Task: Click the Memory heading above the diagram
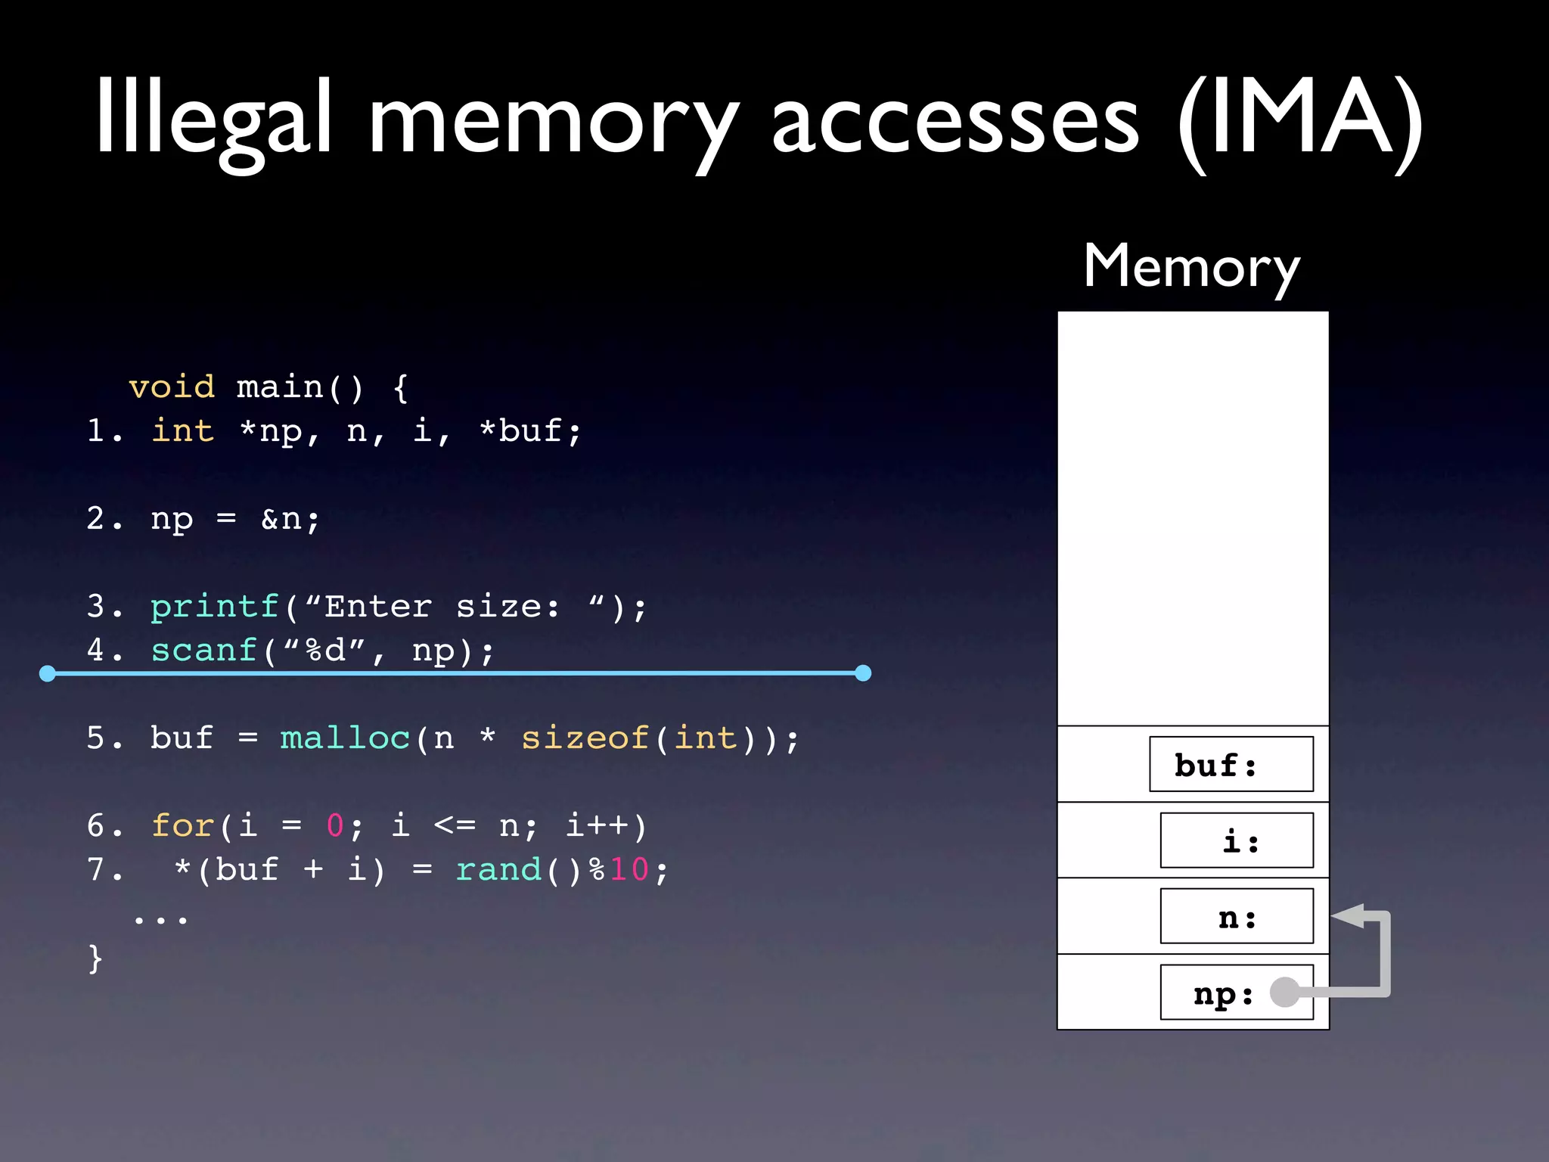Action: (x=1191, y=266)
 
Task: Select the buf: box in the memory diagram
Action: (x=1231, y=764)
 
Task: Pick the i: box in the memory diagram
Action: (x=1237, y=840)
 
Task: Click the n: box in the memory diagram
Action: (x=1237, y=917)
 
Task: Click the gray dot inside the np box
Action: (x=1284, y=992)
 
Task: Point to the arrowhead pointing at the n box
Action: (x=1347, y=916)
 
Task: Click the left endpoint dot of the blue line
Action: (x=48, y=673)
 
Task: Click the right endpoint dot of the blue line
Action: (x=863, y=673)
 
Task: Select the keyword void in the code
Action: (x=172, y=387)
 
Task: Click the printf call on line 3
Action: (x=215, y=607)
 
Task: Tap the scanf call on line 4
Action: (x=204, y=651)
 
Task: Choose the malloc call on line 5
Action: (x=345, y=738)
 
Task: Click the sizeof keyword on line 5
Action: (x=585, y=738)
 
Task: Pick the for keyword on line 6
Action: (x=182, y=825)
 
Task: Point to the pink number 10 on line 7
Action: (x=629, y=869)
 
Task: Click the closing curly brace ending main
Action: (x=95, y=958)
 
